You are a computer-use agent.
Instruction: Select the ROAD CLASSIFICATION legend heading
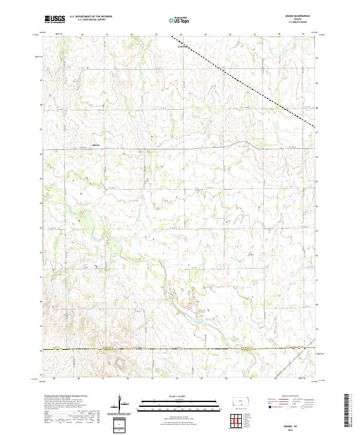[289, 395]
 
